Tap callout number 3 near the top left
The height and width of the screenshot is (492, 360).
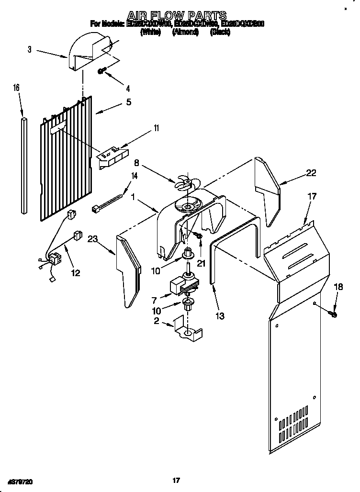point(30,49)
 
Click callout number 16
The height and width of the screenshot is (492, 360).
point(16,88)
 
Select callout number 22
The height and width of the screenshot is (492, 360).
point(311,173)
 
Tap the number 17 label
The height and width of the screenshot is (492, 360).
point(312,196)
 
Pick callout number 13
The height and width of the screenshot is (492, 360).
point(220,316)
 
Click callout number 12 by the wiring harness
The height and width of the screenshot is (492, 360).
point(75,273)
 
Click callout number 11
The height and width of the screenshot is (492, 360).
point(156,128)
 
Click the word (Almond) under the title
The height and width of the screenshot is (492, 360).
point(185,32)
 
